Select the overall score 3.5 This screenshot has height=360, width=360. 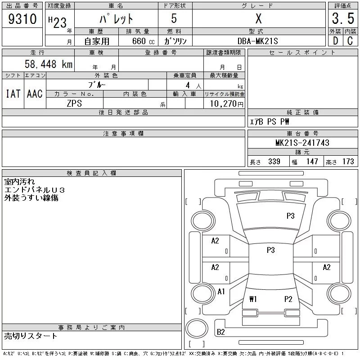pos(342,19)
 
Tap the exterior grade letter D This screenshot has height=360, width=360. pos(335,40)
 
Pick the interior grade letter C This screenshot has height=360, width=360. pos(350,40)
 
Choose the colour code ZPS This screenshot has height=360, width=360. pos(75,103)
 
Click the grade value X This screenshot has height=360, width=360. pos(258,19)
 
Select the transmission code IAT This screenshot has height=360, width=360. pos(13,94)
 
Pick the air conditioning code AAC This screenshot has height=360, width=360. pos(35,94)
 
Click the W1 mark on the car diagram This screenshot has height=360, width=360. pos(253,299)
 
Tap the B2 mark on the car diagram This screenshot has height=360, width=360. pos(221,332)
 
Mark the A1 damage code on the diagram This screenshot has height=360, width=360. pos(221,292)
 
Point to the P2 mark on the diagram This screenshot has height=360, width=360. pos(288,299)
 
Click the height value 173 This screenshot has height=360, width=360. pos(348,162)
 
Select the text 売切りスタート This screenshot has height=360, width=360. pos(31,336)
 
